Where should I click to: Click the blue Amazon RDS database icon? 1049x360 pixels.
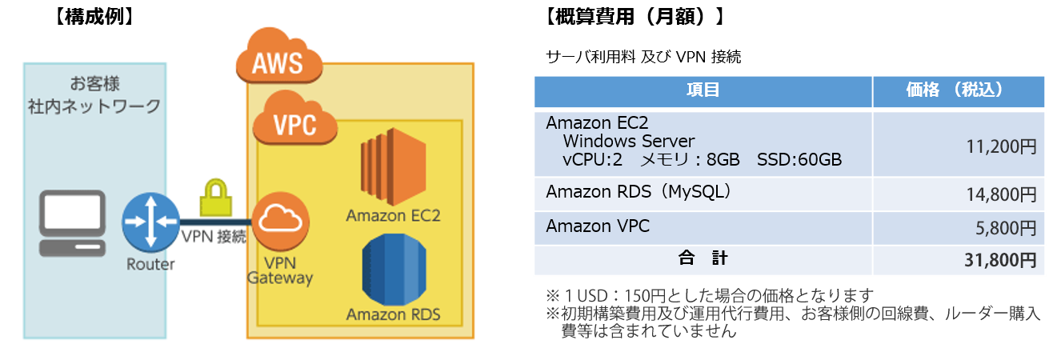point(393,268)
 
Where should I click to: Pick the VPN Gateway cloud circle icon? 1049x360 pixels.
point(280,224)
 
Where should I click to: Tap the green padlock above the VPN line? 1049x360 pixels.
point(212,196)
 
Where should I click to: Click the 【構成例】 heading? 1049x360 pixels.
point(95,17)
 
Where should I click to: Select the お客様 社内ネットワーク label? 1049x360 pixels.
point(94,94)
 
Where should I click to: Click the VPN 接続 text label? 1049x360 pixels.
point(214,238)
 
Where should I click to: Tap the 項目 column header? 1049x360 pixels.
point(703,90)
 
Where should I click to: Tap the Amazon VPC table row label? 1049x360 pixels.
point(597,226)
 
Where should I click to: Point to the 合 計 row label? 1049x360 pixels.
point(703,259)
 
